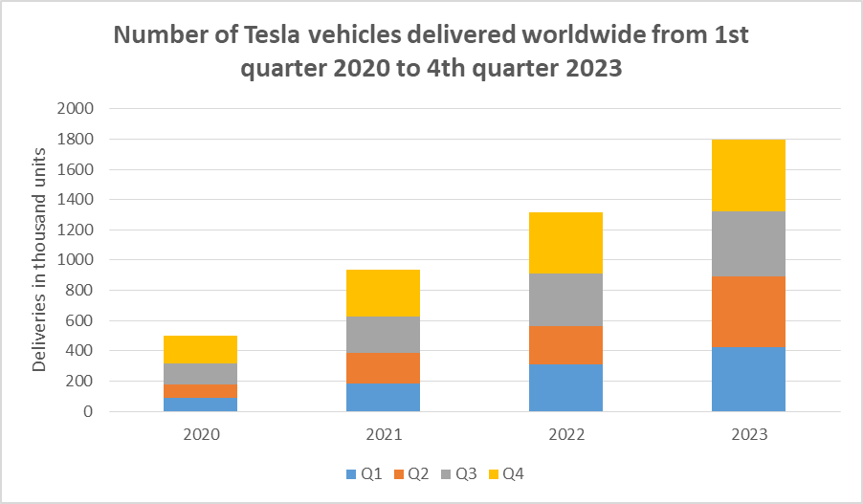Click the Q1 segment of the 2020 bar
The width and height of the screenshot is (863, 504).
click(201, 404)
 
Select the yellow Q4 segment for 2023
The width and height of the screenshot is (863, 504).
click(748, 175)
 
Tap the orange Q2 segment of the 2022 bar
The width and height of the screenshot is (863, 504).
click(565, 345)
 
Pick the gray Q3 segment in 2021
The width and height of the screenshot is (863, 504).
click(383, 335)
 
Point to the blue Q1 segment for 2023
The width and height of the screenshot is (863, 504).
click(748, 379)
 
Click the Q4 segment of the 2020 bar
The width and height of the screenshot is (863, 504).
click(201, 349)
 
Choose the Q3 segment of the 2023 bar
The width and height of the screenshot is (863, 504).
click(748, 244)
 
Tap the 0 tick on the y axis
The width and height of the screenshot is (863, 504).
click(87, 411)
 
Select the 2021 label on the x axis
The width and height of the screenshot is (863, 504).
click(383, 433)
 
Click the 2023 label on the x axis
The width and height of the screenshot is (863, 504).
click(748, 433)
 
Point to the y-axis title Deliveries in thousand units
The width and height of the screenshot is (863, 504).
click(40, 260)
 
